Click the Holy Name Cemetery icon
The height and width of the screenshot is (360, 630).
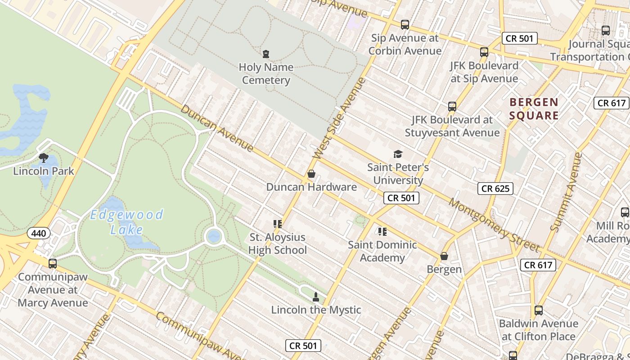coord(266,54)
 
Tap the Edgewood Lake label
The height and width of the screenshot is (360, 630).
coord(126,222)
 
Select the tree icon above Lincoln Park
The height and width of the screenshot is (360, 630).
coord(44,158)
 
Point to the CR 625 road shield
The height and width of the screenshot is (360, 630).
coord(495,189)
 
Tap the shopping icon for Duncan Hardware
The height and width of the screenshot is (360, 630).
coord(311,174)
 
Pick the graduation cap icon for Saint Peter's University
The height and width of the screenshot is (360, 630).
coord(398,154)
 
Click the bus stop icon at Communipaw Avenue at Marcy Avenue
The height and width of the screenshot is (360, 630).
coord(53,264)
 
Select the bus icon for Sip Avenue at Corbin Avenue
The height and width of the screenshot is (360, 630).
coord(405,25)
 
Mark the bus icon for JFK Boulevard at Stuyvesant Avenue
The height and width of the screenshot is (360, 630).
coord(452,107)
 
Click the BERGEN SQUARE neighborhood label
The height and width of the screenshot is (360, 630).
coord(534,109)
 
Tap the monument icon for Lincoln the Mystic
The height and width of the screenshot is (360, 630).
coord(316,297)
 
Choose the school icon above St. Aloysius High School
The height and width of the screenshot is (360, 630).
coord(277,224)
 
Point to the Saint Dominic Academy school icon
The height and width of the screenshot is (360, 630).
coord(382,232)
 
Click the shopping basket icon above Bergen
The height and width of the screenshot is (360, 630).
coord(444,256)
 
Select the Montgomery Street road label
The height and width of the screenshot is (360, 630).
coord(494,225)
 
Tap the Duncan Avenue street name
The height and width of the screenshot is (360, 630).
coord(217,128)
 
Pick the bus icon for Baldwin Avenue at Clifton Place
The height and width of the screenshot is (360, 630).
coord(539,310)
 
